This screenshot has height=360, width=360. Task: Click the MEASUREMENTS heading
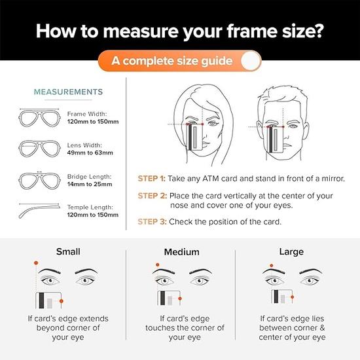(x=68, y=92)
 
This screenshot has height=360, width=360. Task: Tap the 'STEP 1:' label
(x=151, y=178)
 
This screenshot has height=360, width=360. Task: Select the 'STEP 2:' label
(x=152, y=196)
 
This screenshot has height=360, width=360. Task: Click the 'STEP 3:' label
(x=151, y=221)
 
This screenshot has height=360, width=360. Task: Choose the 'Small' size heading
(x=68, y=251)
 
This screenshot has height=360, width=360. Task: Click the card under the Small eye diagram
(x=48, y=300)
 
